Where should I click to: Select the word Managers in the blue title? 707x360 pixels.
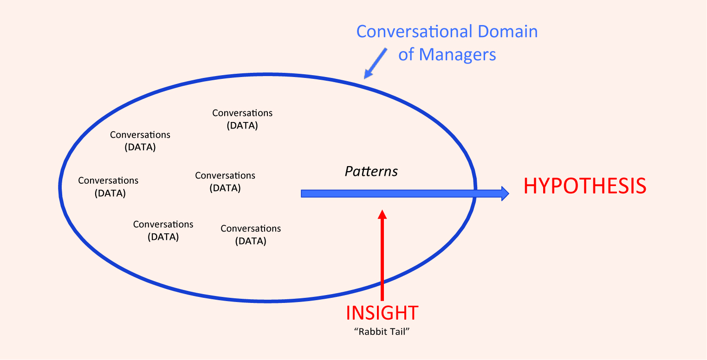(457, 55)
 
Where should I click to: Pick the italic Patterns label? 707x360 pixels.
(371, 172)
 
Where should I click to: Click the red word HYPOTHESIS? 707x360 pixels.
(585, 186)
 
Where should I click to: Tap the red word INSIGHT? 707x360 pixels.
(382, 313)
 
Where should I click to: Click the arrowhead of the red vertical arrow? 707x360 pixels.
(382, 214)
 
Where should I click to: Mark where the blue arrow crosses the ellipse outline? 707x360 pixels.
(475, 193)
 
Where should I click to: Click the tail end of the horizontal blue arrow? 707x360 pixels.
(303, 193)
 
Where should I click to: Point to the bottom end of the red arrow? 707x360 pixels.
(382, 299)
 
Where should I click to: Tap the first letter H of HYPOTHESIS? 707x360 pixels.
(531, 186)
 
